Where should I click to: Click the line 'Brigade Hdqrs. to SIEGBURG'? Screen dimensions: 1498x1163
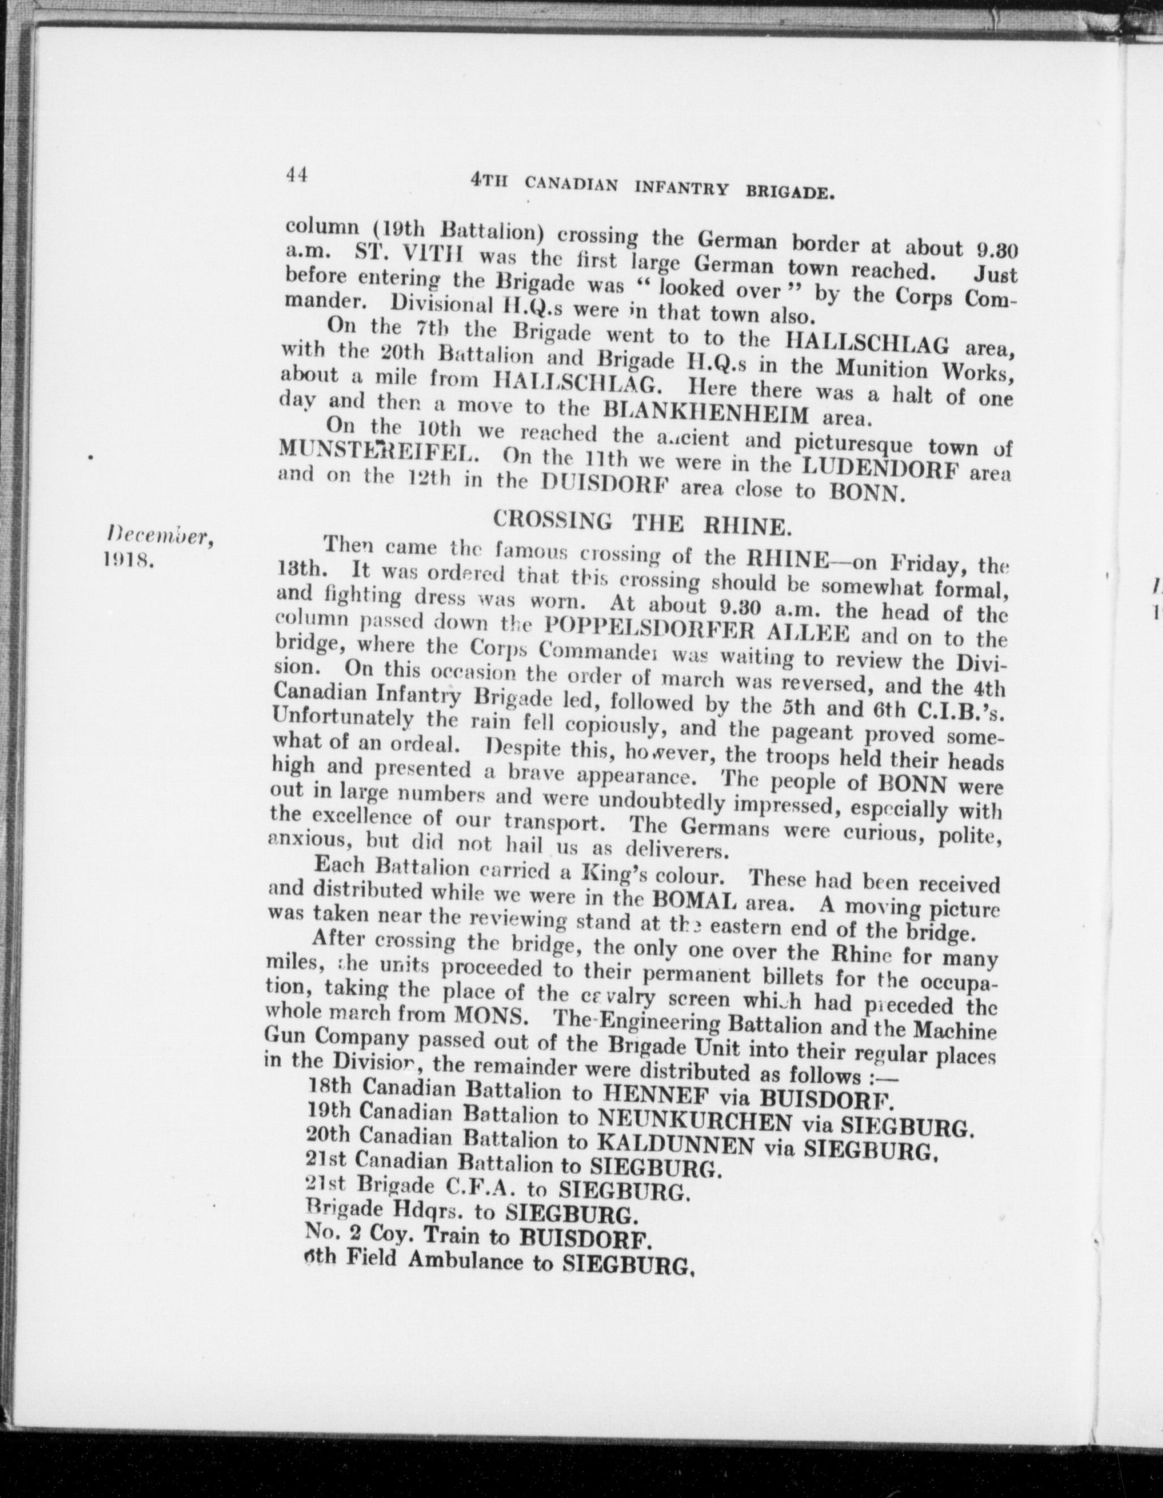pos(472,1213)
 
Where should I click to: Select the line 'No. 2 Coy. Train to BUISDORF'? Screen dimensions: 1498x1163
pos(478,1237)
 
